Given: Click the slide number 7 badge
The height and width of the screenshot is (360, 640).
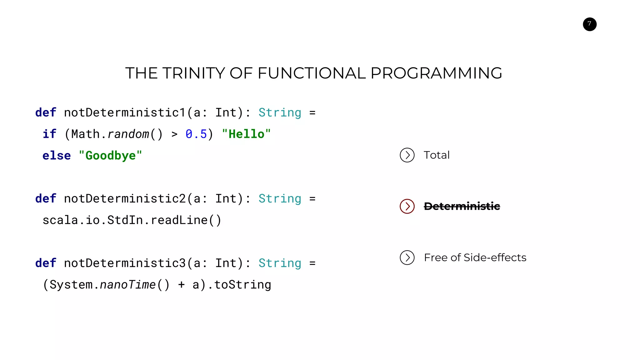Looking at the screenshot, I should (589, 24).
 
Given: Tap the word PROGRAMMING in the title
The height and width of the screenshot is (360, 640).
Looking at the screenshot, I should (436, 73).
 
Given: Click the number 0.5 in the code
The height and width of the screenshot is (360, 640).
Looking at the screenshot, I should (196, 134).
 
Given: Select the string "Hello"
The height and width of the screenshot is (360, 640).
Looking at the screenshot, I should (246, 134).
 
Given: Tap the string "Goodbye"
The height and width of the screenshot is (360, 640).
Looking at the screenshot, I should (110, 156).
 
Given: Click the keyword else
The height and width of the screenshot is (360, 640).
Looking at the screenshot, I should (57, 156).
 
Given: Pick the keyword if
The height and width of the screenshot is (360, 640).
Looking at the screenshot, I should (49, 134).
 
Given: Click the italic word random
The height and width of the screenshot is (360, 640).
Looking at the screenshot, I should (128, 134).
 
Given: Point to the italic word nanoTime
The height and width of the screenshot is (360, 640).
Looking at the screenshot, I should (127, 285).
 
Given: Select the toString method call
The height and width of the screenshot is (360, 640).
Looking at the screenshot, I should (242, 285).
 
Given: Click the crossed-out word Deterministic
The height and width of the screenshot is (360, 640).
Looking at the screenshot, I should (462, 206).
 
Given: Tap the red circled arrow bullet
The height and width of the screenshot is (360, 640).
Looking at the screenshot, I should (407, 206).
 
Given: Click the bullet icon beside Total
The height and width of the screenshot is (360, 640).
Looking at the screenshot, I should (407, 155).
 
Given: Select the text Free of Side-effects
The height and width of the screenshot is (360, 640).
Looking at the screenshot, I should (475, 257).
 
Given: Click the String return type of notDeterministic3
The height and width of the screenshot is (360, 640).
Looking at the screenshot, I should (280, 263).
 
